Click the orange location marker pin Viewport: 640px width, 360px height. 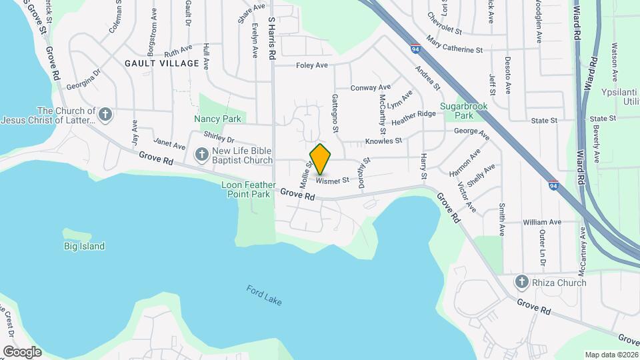click(321, 159)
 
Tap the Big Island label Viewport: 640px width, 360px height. click(85, 246)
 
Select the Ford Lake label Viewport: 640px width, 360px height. click(264, 295)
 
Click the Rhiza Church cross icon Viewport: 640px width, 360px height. click(522, 282)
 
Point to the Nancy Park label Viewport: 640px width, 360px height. click(217, 119)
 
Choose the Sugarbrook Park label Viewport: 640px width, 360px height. click(464, 111)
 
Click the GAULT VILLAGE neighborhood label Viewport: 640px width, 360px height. click(161, 63)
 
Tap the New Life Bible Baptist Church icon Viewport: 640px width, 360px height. click(201, 155)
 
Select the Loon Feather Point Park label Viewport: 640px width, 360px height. click(249, 189)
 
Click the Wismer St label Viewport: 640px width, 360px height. click(333, 181)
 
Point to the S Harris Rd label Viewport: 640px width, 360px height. click(271, 40)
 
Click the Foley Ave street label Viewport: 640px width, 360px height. click(311, 65)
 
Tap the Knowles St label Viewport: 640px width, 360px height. click(383, 141)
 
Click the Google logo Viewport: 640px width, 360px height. click(22, 351)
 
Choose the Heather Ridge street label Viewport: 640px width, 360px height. click(413, 119)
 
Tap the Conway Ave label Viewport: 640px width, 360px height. click(371, 87)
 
